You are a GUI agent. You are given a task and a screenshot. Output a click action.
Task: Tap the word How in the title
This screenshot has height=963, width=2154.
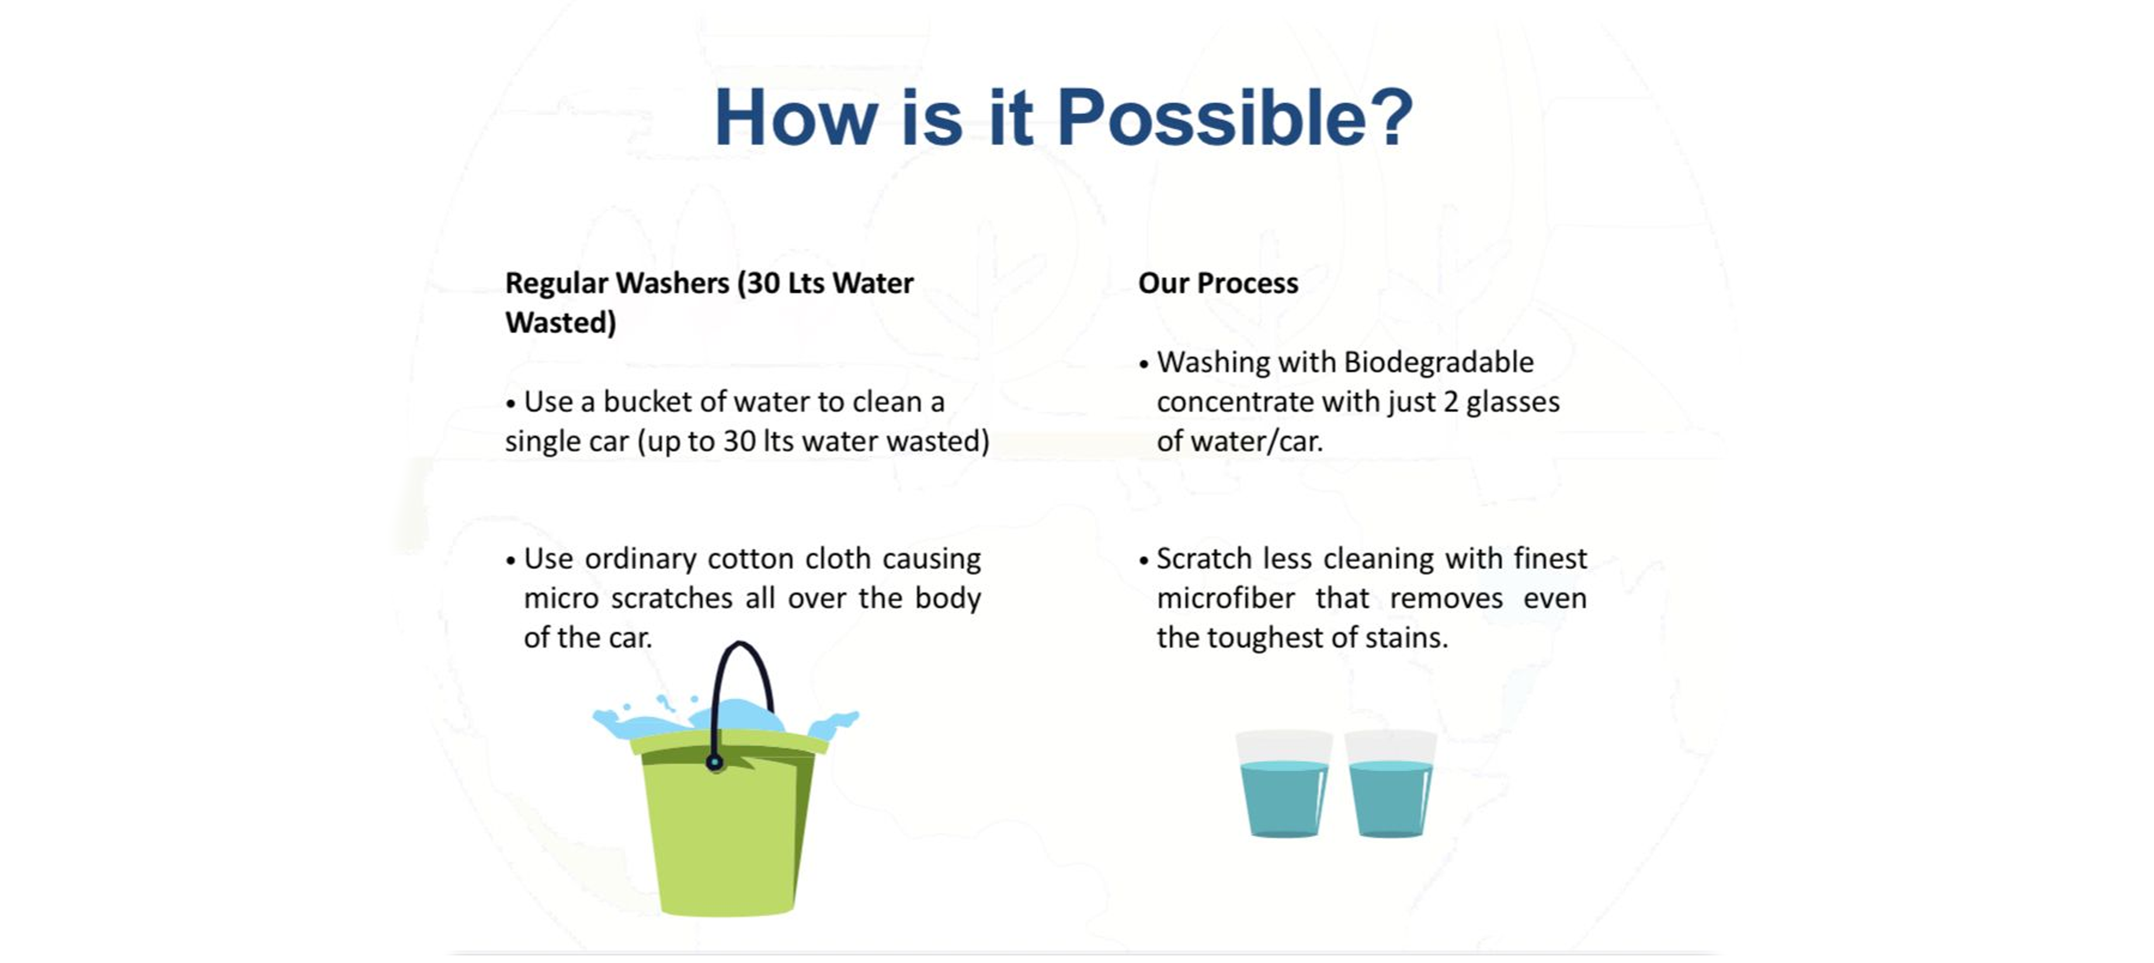pos(796,118)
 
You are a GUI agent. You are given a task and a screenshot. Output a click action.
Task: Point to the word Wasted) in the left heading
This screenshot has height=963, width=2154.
pos(560,323)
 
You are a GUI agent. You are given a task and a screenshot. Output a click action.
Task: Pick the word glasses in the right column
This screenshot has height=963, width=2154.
pos(1513,403)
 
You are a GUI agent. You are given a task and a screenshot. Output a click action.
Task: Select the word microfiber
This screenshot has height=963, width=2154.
pos(1226,599)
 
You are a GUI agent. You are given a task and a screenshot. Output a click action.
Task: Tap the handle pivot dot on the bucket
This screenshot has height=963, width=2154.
pos(715,762)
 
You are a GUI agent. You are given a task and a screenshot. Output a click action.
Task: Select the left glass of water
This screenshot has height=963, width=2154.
pos(1284,783)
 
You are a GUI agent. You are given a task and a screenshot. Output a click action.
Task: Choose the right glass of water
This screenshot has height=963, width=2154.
pos(1391,783)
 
